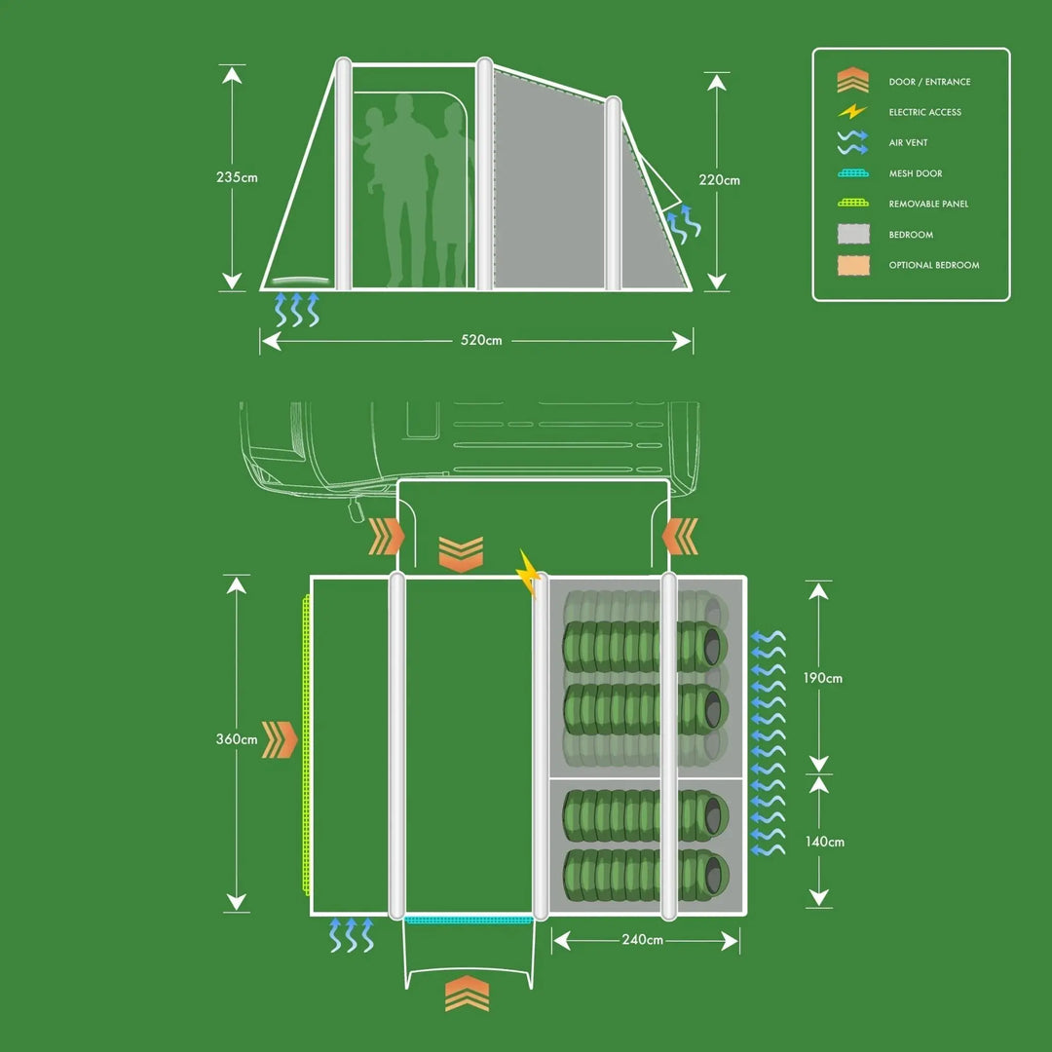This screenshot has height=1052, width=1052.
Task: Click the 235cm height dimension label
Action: tap(237, 178)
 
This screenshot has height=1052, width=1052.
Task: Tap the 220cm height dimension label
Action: tap(719, 180)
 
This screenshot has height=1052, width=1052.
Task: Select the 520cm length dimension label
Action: tap(481, 341)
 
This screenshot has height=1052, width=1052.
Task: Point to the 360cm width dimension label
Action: tap(237, 739)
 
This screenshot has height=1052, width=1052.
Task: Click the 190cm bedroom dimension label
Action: tap(823, 678)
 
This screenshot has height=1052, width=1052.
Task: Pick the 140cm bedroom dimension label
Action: tap(824, 842)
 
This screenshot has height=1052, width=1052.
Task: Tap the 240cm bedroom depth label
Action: tap(642, 940)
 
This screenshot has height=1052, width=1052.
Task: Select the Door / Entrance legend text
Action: tap(929, 82)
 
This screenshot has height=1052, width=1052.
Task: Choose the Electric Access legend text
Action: tap(924, 113)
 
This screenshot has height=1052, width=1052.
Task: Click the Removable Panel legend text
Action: tap(928, 205)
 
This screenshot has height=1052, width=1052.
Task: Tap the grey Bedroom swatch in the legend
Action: tap(852, 235)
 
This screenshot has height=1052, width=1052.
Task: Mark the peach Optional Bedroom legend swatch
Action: tap(852, 265)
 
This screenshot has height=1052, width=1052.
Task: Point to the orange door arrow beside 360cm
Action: tap(280, 740)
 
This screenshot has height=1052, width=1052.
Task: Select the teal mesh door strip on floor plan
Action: tap(468, 919)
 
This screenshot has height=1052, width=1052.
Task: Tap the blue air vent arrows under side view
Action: tap(297, 309)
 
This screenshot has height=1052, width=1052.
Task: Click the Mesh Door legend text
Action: tap(916, 173)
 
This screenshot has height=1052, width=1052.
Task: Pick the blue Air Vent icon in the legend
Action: tap(852, 143)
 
